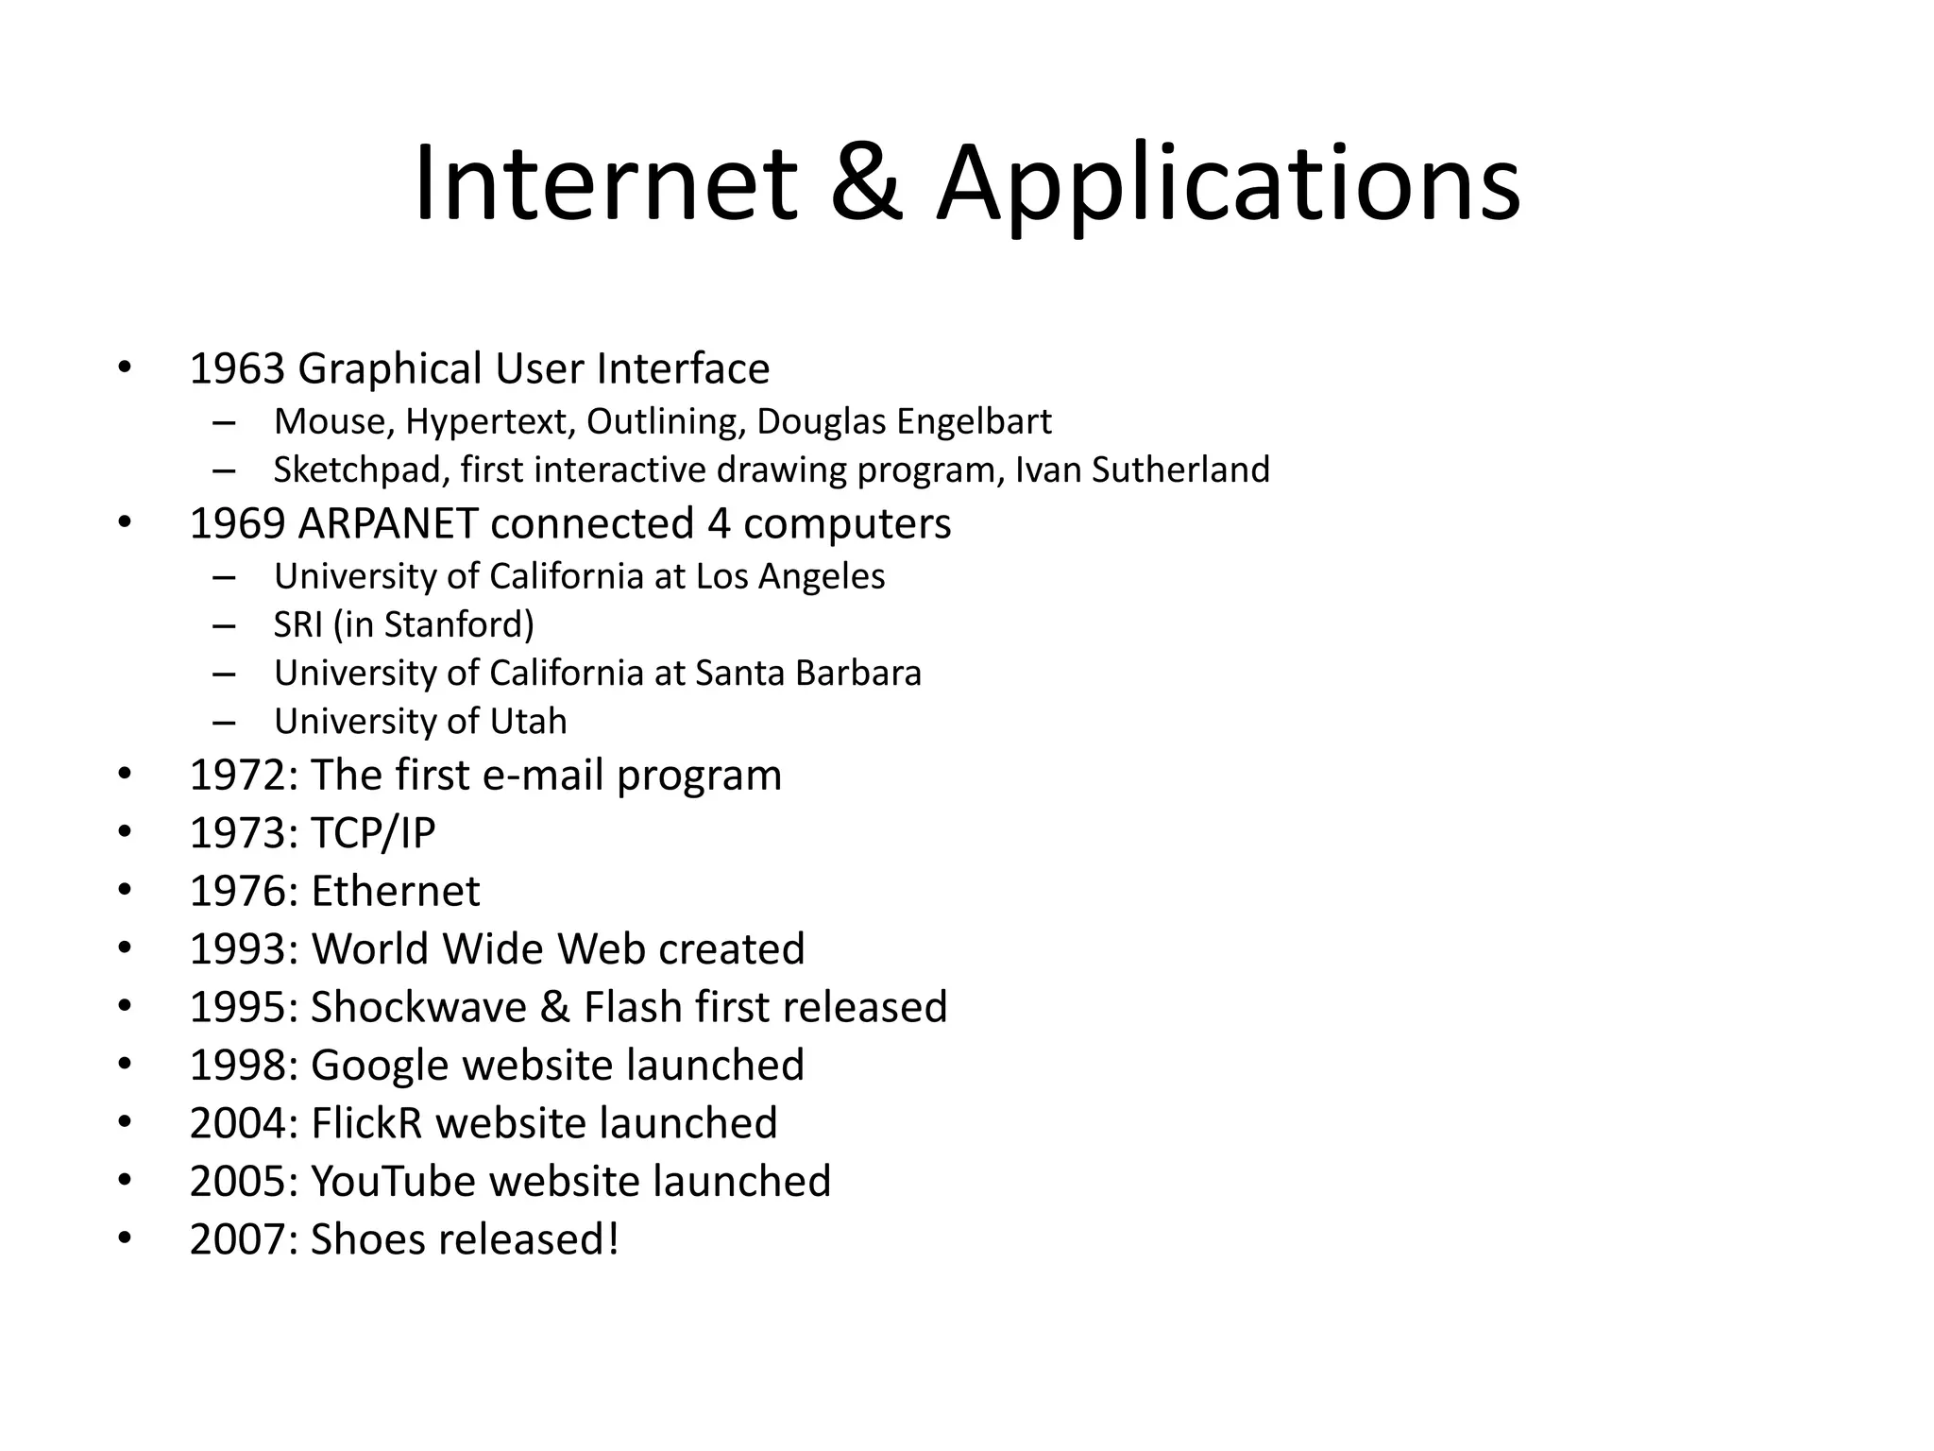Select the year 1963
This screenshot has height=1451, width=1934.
coord(237,368)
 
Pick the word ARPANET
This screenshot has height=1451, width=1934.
coord(387,523)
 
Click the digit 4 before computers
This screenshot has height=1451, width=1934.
coord(719,523)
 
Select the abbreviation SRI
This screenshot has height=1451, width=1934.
coord(297,624)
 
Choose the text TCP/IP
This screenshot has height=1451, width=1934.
coord(373,833)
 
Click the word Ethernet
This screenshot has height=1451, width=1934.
coord(395,891)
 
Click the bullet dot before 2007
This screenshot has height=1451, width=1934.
coord(125,1238)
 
